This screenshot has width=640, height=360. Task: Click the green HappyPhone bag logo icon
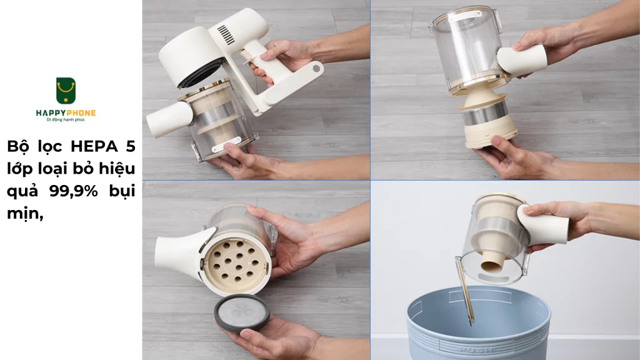coord(66,91)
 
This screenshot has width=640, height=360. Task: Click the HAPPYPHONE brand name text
coord(66,112)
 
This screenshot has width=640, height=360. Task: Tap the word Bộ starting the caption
coord(20,146)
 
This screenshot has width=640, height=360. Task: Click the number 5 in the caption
coord(130,146)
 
